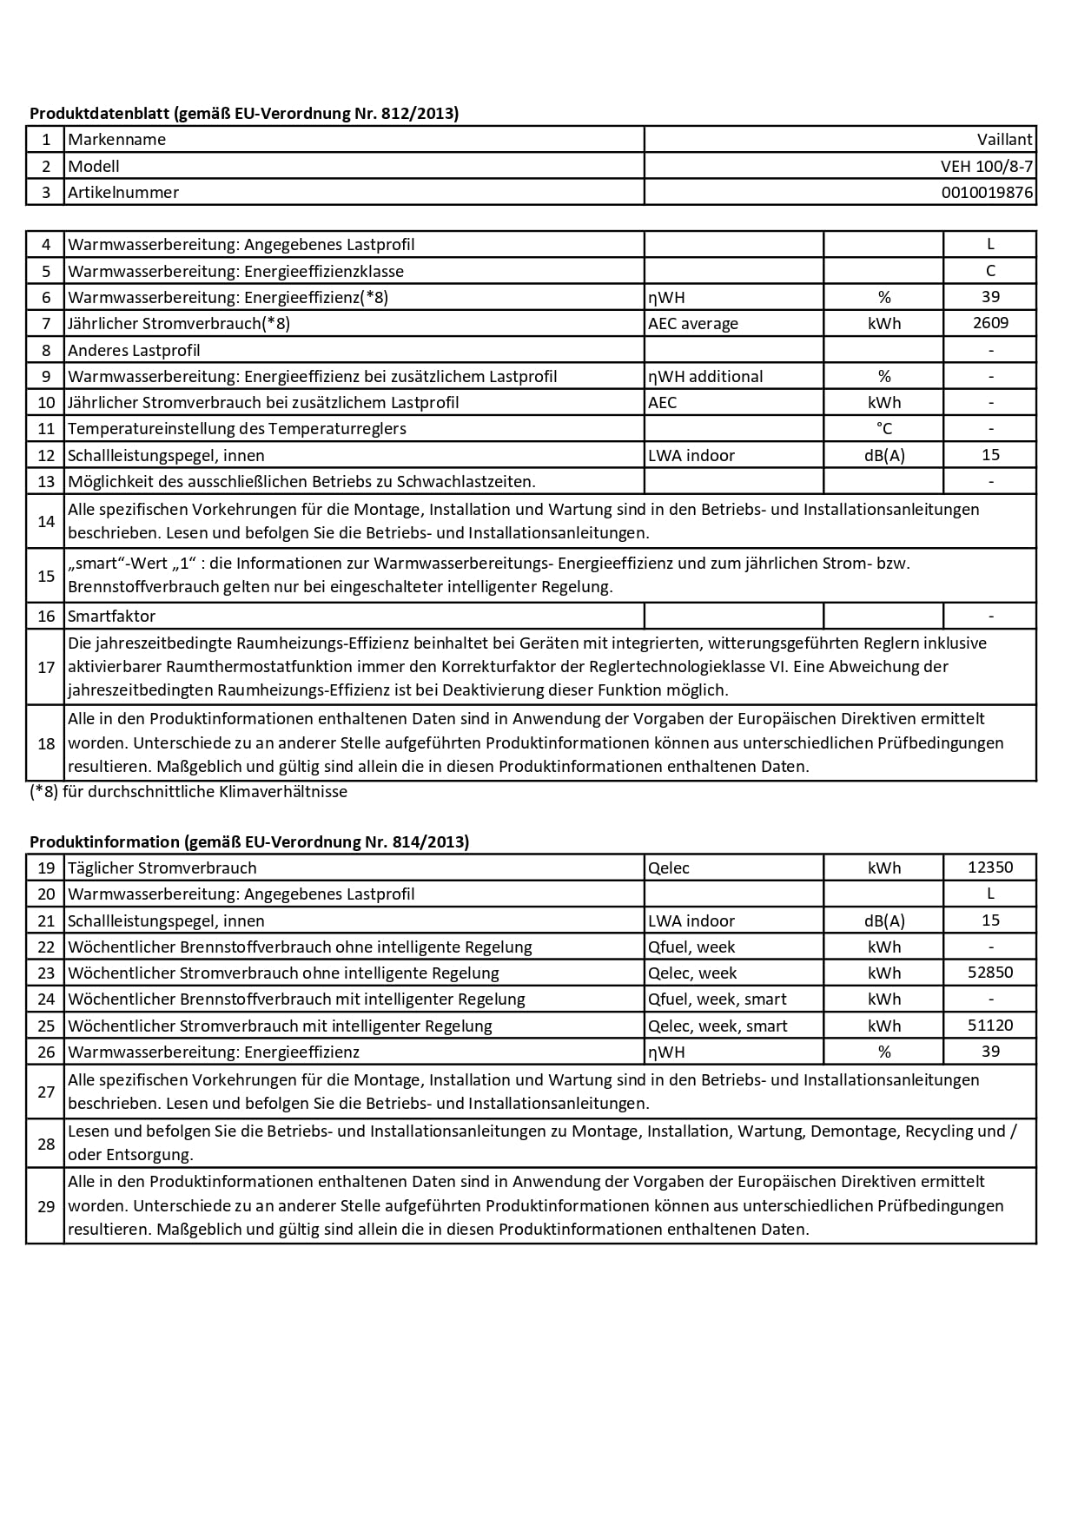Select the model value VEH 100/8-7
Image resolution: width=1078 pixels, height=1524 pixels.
click(x=987, y=166)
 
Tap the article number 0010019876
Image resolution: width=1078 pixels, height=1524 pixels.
click(x=987, y=193)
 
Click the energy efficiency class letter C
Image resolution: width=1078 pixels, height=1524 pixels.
click(x=990, y=271)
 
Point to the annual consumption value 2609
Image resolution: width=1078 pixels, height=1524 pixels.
click(x=990, y=323)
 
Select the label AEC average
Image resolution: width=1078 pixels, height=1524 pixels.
click(x=693, y=324)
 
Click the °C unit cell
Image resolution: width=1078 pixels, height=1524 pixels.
click(x=883, y=429)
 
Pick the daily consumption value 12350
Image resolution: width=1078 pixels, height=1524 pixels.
click(x=990, y=868)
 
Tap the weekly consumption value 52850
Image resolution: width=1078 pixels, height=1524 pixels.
click(x=990, y=973)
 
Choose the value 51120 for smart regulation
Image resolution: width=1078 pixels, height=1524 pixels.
click(x=990, y=1026)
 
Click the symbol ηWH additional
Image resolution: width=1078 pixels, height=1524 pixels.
click(x=705, y=377)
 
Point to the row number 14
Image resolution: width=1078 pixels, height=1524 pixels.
click(x=46, y=521)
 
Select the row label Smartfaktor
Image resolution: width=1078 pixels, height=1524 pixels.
click(x=112, y=617)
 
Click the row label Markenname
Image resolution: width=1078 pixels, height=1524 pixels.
click(x=117, y=140)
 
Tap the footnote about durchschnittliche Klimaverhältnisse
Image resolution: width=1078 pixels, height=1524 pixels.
click(x=188, y=792)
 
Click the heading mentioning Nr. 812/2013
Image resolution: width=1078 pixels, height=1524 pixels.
click(x=244, y=114)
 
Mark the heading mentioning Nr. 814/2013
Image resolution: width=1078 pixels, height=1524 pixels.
click(x=249, y=842)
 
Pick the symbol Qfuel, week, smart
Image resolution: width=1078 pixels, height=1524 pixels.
click(x=718, y=1000)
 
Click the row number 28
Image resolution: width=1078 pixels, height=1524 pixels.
click(x=46, y=1144)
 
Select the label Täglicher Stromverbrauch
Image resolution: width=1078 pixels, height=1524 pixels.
click(x=162, y=868)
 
